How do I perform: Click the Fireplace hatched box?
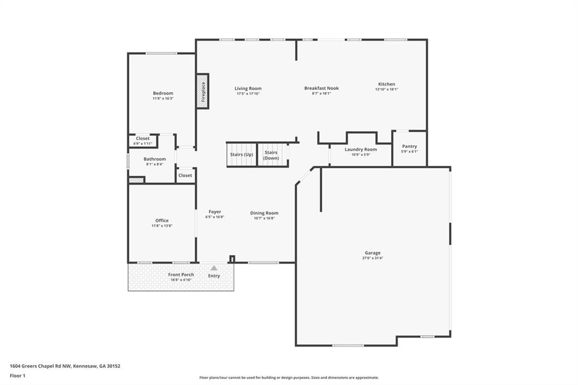tap(203, 91)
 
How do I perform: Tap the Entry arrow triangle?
tap(214, 268)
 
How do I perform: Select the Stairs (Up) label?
tap(242, 154)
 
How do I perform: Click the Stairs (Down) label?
tap(271, 155)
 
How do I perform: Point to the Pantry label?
tap(410, 146)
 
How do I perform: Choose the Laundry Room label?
tap(361, 150)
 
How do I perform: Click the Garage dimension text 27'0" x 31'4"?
tap(373, 258)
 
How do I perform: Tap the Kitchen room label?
tap(387, 84)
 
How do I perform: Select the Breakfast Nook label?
tap(321, 88)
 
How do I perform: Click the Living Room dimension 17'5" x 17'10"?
tap(248, 94)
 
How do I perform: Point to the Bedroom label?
tap(163, 93)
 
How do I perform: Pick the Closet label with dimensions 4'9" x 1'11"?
tap(143, 138)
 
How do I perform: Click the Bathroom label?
tap(155, 159)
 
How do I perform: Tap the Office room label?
tap(162, 220)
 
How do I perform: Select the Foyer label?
tap(215, 212)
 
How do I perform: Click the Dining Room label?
tap(264, 213)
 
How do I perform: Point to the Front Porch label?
tap(181, 274)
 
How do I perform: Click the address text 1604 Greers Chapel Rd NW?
tap(41, 366)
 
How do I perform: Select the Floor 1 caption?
tap(17, 376)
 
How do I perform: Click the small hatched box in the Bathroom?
tap(136, 180)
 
